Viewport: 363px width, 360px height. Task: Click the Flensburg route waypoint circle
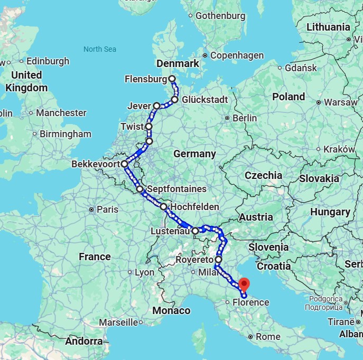172,79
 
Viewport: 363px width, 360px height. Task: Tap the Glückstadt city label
204,100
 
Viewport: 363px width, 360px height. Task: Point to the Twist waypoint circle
149,127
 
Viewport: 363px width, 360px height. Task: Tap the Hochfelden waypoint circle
163,207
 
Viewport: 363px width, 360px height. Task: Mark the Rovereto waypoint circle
218,260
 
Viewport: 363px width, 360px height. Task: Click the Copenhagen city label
237,55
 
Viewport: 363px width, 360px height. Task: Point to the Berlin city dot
227,118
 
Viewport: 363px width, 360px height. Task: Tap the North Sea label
99,49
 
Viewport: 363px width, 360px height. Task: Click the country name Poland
288,97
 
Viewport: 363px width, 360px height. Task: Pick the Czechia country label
263,175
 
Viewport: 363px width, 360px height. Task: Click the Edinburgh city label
48,61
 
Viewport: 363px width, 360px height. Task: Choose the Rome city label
267,336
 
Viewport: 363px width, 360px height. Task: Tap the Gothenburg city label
220,15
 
